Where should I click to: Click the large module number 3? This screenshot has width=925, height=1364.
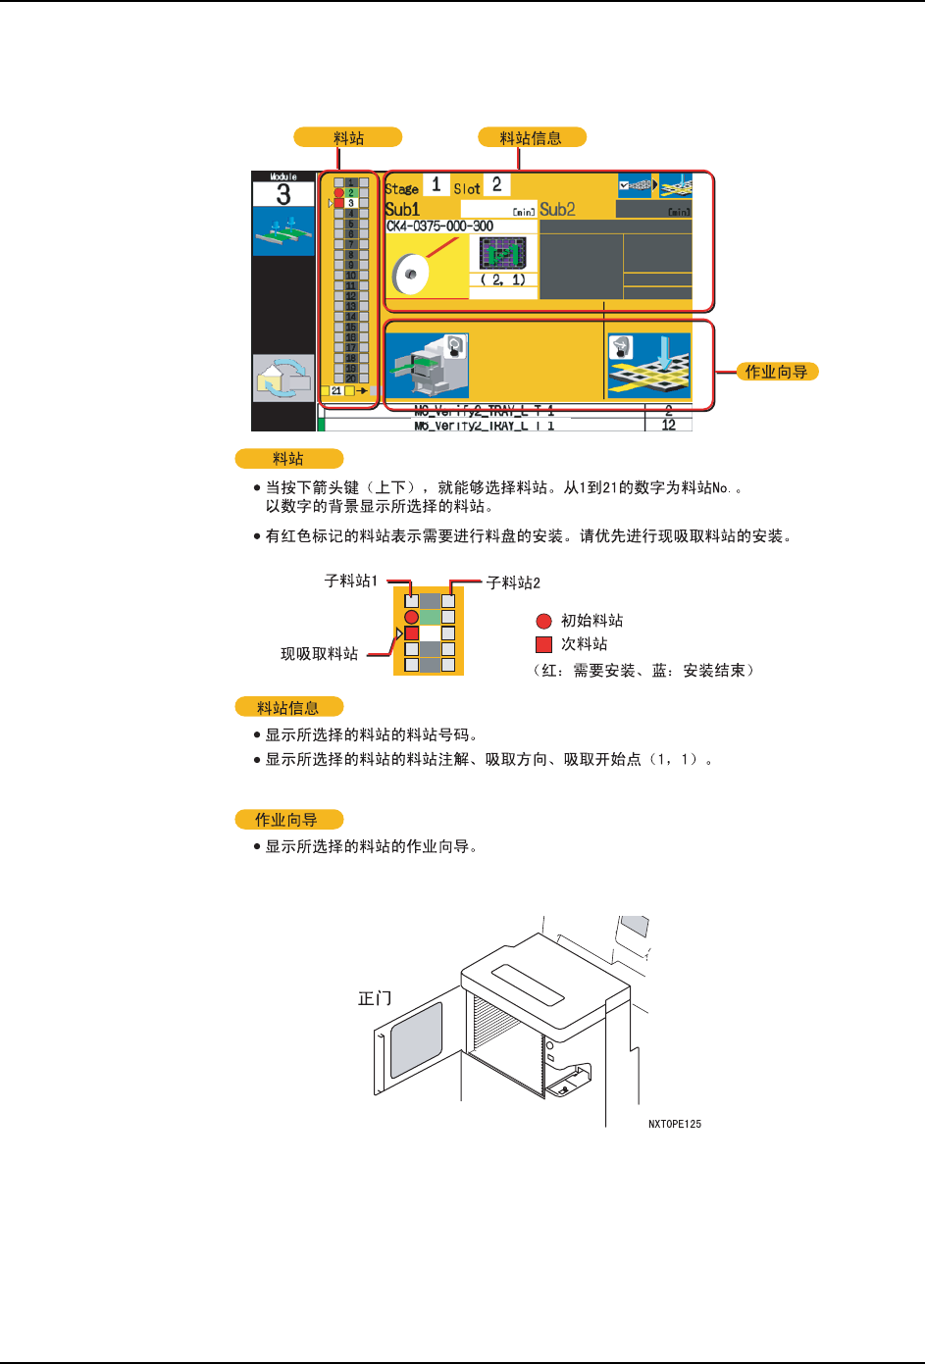click(283, 194)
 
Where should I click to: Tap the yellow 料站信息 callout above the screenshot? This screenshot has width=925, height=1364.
click(532, 137)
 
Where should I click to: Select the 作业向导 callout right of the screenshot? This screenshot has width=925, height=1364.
click(777, 372)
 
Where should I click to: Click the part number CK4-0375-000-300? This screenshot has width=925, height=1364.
click(439, 227)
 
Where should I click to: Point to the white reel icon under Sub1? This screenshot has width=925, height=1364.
click(411, 273)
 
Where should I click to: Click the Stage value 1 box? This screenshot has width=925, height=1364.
click(437, 185)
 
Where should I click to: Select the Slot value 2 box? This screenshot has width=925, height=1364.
click(497, 185)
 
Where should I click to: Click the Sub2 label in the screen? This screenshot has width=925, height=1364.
click(557, 209)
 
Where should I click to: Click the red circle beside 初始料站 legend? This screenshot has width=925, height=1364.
click(543, 621)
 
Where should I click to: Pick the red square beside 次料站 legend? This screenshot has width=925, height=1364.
click(543, 644)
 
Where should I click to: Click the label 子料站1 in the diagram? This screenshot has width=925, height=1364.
click(351, 581)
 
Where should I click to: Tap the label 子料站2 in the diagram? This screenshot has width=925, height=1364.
click(513, 582)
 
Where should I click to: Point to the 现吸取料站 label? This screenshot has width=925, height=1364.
click(320, 654)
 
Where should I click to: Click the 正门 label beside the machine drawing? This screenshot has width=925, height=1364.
click(375, 998)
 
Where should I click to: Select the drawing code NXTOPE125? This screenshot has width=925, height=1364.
click(675, 1124)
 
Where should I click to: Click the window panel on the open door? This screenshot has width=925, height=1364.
click(416, 1039)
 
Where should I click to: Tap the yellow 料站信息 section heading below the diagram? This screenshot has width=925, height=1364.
click(288, 707)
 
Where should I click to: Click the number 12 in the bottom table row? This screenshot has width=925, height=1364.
click(669, 426)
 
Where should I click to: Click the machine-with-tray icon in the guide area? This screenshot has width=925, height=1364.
click(427, 365)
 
